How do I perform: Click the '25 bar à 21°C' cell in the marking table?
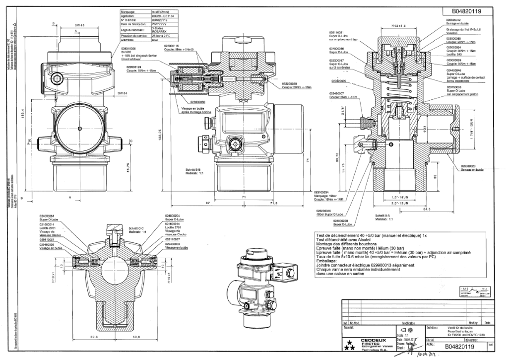(163, 37)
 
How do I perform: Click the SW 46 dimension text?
(79, 24)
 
